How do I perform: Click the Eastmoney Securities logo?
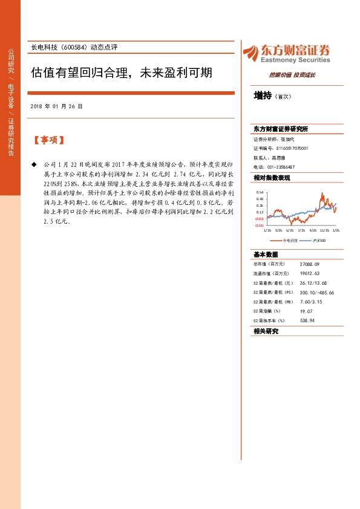click(286, 53)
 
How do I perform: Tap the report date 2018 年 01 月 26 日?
click(56, 106)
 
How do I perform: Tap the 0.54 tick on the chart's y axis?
click(259, 192)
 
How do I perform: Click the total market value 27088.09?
click(309, 264)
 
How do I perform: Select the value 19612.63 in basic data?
click(309, 273)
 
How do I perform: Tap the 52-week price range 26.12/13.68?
click(313, 283)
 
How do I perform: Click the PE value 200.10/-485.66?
click(317, 292)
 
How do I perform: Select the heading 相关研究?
click(266, 331)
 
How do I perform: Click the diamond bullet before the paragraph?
click(34, 164)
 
